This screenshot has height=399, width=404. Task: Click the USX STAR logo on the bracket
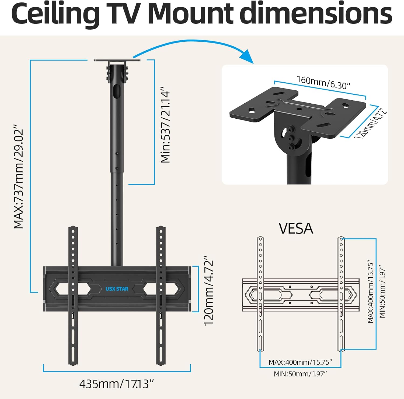click(x=117, y=289)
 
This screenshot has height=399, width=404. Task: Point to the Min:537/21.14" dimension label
click(x=166, y=125)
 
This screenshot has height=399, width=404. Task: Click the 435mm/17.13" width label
click(x=117, y=384)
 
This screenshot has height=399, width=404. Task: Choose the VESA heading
click(x=296, y=229)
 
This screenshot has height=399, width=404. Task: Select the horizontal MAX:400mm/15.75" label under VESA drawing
click(x=300, y=362)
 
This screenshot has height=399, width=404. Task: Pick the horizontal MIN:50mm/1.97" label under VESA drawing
click(x=300, y=374)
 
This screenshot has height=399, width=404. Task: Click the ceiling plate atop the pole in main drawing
click(x=117, y=61)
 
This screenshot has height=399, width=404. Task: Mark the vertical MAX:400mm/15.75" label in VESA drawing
click(x=371, y=292)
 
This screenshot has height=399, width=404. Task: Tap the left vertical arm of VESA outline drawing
click(x=260, y=293)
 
